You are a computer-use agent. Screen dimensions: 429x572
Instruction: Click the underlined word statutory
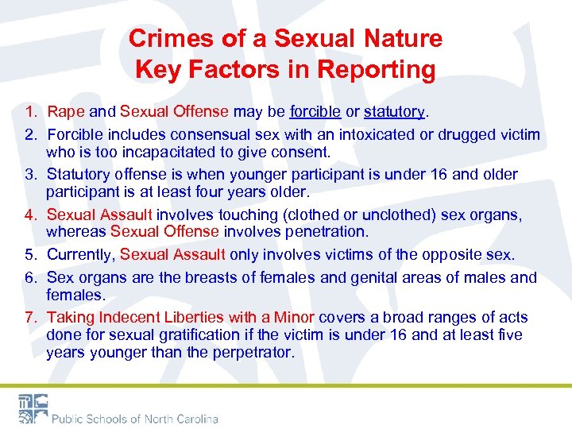pyautogui.click(x=395, y=112)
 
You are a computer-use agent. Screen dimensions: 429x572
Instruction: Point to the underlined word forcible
pyautogui.click(x=315, y=112)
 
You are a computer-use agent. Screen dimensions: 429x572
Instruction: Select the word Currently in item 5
pyautogui.click(x=80, y=254)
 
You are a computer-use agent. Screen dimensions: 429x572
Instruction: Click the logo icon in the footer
pyautogui.click(x=32, y=409)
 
